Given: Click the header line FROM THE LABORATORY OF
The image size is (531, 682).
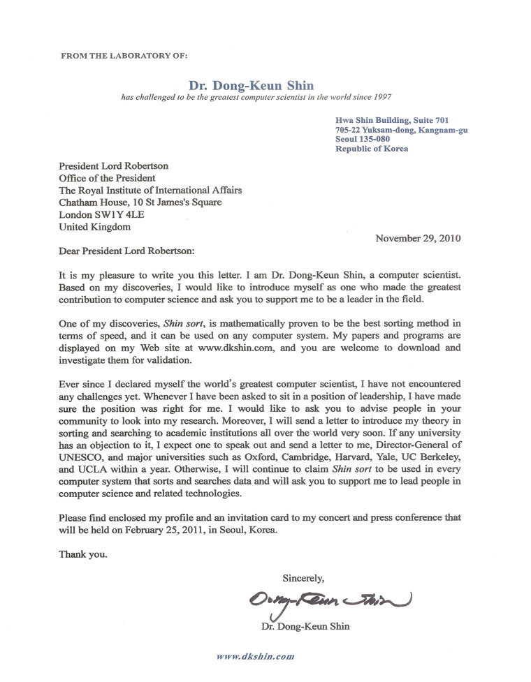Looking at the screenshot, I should [x=124, y=53].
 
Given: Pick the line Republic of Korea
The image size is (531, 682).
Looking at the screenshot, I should [x=372, y=149].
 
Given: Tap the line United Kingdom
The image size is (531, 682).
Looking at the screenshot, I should [x=94, y=226].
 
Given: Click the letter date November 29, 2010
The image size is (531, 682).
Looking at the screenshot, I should [x=418, y=238].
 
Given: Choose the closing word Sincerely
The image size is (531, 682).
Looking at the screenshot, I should [x=303, y=577].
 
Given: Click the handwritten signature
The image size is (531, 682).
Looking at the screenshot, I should [x=327, y=600].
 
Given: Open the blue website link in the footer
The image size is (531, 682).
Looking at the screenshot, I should [x=255, y=656].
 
